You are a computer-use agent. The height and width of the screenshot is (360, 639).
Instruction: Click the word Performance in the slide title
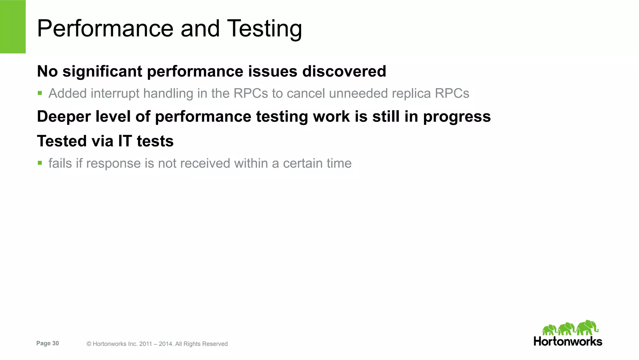coord(105,29)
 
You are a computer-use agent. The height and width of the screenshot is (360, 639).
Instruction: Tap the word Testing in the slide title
coord(264,29)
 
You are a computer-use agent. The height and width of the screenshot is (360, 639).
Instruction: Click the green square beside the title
coord(13,27)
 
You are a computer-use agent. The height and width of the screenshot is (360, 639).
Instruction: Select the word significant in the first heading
coord(102,72)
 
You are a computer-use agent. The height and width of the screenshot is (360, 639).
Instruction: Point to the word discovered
coord(344,72)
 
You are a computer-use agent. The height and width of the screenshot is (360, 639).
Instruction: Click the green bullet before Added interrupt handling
coord(40,93)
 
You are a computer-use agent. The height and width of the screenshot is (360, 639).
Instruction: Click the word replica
coord(411,93)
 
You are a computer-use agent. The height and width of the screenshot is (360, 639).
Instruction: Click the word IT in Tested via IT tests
coord(125,141)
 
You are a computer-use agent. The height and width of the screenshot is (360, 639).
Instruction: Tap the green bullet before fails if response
coord(40,163)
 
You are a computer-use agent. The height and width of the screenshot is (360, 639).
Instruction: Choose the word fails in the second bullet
coord(60,163)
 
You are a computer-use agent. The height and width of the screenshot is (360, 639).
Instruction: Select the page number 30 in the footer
coord(55,343)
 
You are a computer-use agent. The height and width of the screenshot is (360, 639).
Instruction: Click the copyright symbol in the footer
coord(89,344)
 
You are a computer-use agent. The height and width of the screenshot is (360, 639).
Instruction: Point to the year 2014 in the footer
coord(165,344)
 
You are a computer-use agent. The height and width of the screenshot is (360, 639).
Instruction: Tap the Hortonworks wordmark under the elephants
coord(568,341)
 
